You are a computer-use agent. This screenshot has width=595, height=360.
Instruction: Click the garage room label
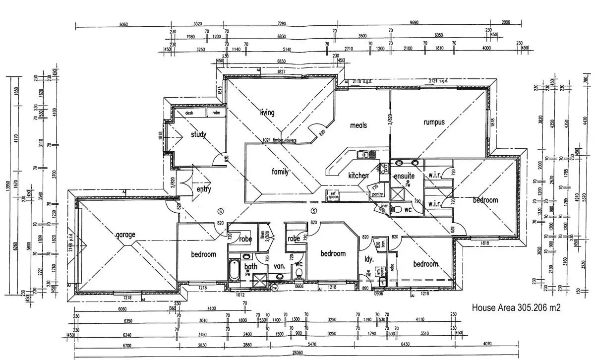point(125,235)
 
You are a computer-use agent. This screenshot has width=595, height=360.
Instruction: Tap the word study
point(198,134)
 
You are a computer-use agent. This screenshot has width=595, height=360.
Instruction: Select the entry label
point(204,189)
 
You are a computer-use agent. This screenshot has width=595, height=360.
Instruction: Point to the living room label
point(267,113)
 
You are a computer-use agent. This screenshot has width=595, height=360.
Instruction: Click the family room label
point(280,172)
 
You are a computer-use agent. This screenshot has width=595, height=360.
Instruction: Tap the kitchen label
point(358,175)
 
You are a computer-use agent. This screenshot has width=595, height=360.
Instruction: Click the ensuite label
point(404,176)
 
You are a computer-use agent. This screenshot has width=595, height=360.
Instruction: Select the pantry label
point(377,194)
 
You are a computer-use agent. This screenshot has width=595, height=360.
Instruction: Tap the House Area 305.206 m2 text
point(516,308)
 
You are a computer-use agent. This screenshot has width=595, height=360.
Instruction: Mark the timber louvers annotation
point(280,140)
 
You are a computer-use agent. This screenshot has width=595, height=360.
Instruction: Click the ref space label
point(332,195)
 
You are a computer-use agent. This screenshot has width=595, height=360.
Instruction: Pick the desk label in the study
point(189,113)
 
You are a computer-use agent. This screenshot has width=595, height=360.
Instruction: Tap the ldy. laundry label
point(369,259)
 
